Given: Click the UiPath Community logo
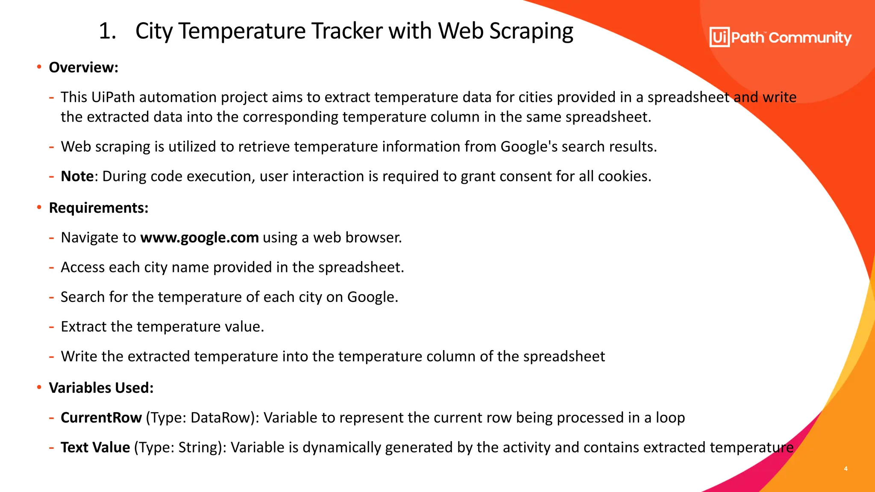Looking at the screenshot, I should pos(780,38).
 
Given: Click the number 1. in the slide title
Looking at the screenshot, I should pos(107,31).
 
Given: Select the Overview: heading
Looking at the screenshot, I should pos(83,67).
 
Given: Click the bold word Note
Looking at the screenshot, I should pos(77,176).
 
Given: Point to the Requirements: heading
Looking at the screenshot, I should pos(99,208).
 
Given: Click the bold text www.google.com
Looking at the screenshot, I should pos(200,237).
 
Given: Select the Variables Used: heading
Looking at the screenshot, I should pos(101,388).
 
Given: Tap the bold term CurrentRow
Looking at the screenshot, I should pos(101,418).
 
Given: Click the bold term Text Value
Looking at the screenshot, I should pos(95,448).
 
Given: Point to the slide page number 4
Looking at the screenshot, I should pos(846,469).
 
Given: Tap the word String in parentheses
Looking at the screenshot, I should pos(198,448).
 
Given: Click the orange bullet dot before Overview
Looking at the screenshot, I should pos(39,67).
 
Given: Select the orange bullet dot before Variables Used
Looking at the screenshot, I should pos(39,387).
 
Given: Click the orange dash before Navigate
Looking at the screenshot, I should pos(51,238).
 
